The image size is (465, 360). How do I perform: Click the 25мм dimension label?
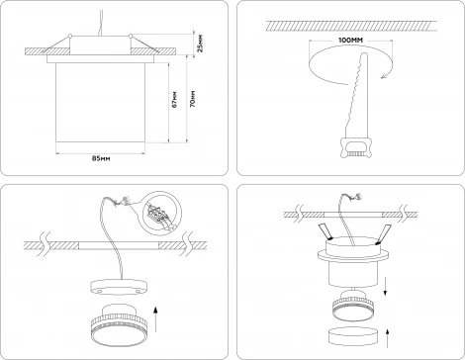click(200, 44)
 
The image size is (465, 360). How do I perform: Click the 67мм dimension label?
click(174, 99)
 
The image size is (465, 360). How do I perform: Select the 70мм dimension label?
click(193, 98)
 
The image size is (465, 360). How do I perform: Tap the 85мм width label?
click(101, 158)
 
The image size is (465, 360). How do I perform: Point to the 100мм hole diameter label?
click(351, 41)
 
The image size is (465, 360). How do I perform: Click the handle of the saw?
click(356, 148)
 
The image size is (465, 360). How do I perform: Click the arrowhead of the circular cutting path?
click(384, 76)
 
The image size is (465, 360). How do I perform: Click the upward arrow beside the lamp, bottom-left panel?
click(155, 319)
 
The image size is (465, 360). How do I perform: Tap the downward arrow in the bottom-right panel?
click(386, 286)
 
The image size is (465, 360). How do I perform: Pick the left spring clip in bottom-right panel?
click(325, 231)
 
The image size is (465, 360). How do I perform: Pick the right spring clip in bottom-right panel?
click(383, 234)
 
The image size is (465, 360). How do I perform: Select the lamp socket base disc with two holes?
click(118, 288)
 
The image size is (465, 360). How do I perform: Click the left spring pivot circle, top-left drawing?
click(70, 36)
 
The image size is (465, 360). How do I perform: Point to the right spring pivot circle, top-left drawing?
click(131, 36)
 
